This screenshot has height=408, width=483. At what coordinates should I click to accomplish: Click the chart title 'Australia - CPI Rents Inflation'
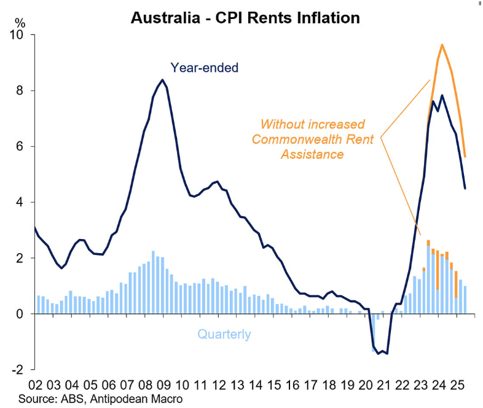tap(245, 18)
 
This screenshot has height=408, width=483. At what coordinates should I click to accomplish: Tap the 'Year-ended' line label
tap(204, 68)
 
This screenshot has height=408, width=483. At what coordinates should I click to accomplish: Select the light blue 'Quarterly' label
tap(224, 335)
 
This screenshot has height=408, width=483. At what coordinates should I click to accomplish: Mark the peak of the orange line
tap(442, 45)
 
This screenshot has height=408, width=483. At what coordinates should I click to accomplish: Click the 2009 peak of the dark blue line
tap(162, 80)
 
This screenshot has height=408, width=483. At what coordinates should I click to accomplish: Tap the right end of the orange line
tap(465, 157)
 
